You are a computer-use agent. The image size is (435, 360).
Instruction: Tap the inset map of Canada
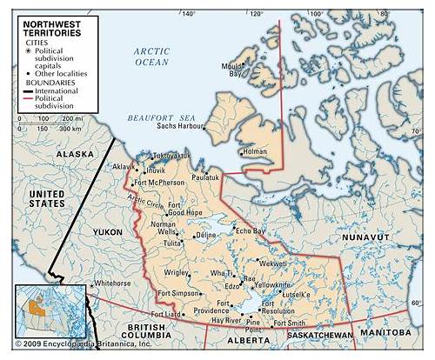(x=52, y=308)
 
